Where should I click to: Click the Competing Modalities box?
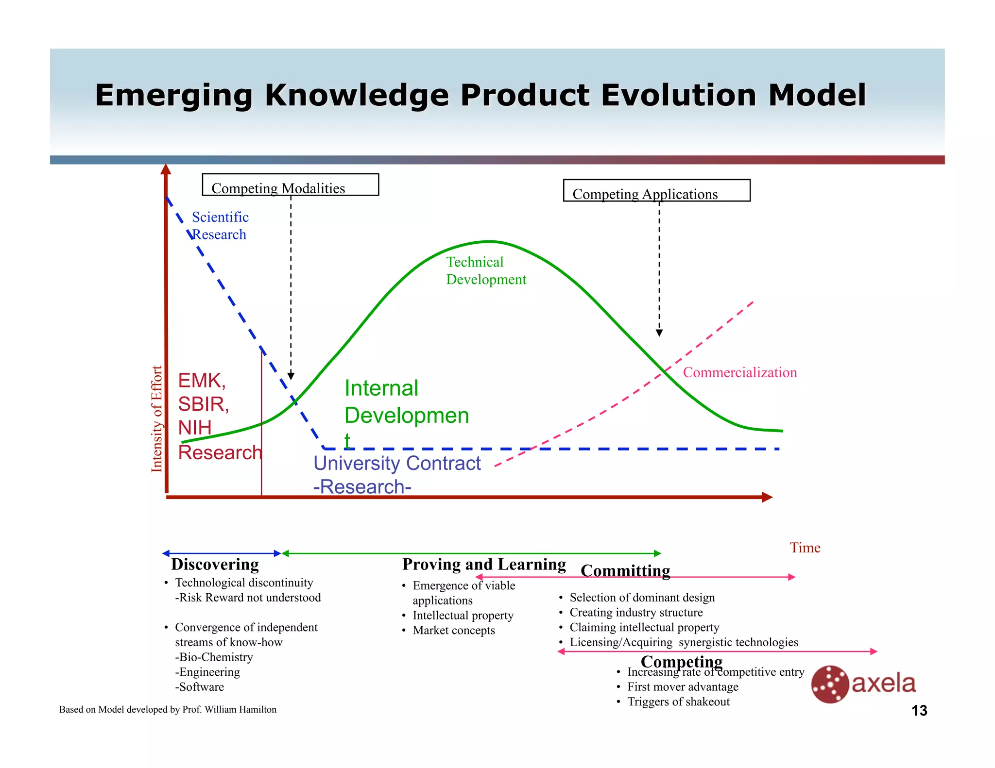tap(290, 185)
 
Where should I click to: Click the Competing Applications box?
tap(656, 191)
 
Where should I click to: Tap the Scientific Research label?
tap(220, 226)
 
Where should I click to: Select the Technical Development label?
tap(485, 271)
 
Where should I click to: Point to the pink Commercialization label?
tap(739, 372)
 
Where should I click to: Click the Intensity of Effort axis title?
tap(156, 418)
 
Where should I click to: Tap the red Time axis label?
tap(805, 548)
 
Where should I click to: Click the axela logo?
tap(863, 684)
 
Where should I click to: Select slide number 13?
tap(919, 711)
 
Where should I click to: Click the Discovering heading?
tap(215, 565)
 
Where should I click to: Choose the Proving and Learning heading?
tap(484, 565)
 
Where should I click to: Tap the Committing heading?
tap(625, 571)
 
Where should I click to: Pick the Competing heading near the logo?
tap(681, 661)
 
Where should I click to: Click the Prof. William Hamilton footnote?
tap(168, 709)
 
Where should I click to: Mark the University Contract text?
tap(397, 463)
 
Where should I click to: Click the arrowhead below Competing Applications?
tap(659, 333)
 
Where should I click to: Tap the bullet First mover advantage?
tap(682, 687)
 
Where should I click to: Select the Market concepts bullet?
tap(453, 631)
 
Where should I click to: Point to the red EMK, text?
tap(202, 381)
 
